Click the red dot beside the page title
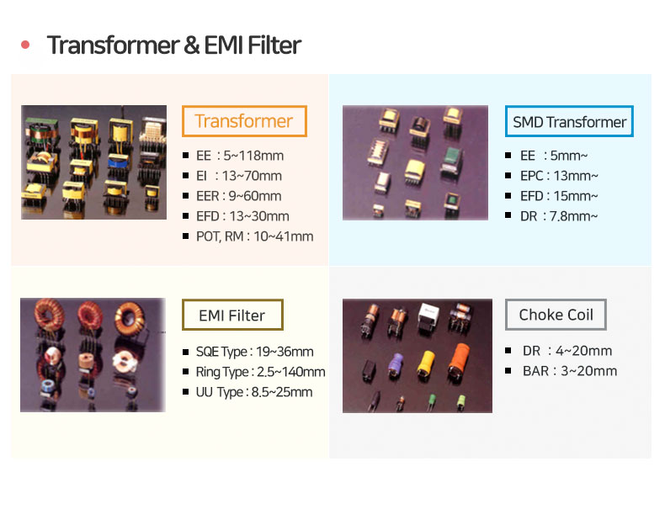tap(25, 45)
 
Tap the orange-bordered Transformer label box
tap(244, 121)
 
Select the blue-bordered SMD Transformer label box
tap(569, 121)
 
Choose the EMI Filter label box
tap(232, 315)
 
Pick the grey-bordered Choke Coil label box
tap(556, 315)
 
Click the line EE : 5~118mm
tap(240, 156)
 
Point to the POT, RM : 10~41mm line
tap(254, 236)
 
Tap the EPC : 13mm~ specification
tap(559, 176)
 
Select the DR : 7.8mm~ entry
tap(559, 216)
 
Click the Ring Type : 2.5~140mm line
tap(260, 372)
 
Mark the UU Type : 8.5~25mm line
tap(254, 392)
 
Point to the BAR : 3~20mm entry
tap(570, 371)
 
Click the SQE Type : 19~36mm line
tap(254, 352)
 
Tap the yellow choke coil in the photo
tap(426, 363)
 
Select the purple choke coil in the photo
tap(396, 365)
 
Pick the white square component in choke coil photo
tap(428, 315)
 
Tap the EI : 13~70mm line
tap(239, 176)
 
